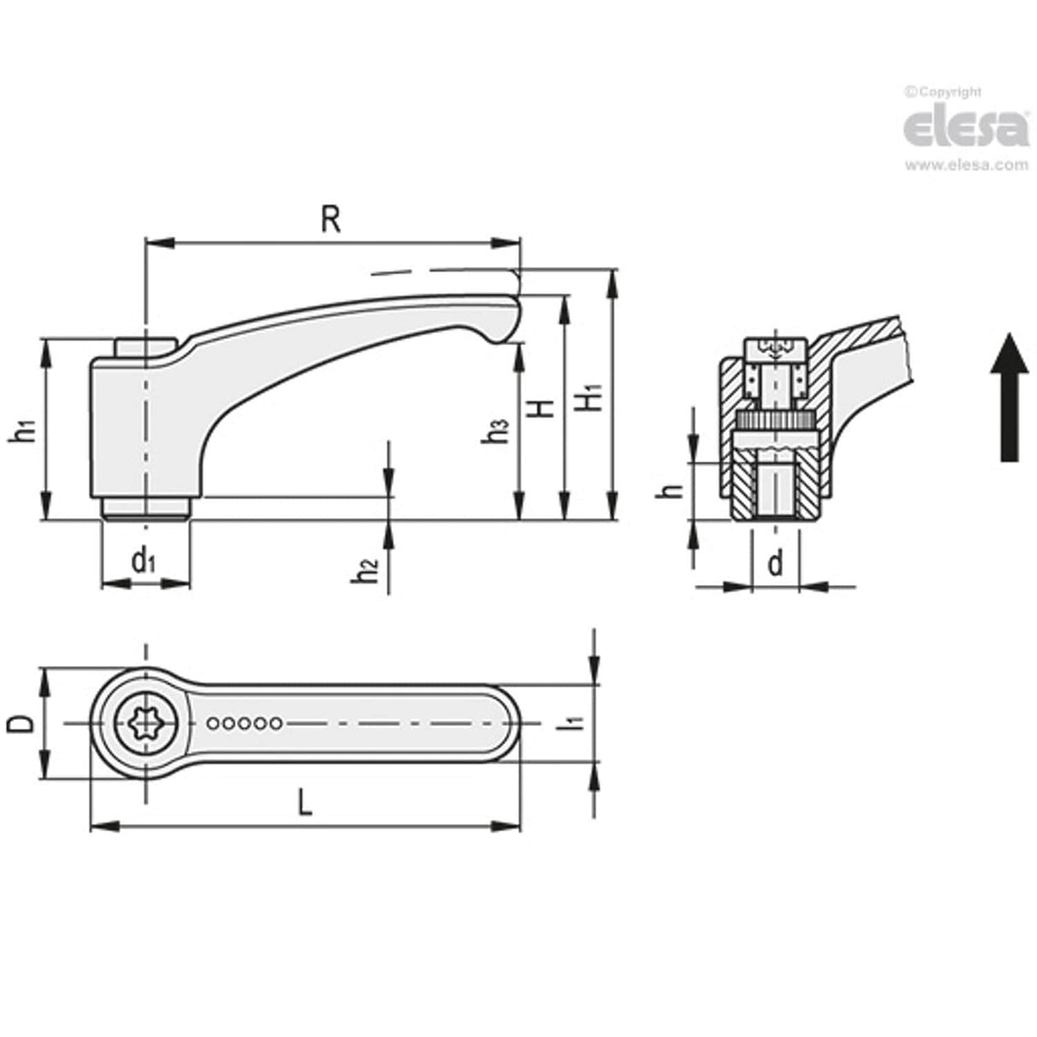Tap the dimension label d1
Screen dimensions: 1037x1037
144,562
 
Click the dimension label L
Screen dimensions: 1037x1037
304,802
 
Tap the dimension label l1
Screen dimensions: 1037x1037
576,722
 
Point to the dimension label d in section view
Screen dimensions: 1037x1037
775,564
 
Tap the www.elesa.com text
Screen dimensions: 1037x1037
966,165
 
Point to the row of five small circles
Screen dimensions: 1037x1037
244,724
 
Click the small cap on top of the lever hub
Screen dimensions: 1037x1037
144,348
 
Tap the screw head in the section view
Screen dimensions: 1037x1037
776,349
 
